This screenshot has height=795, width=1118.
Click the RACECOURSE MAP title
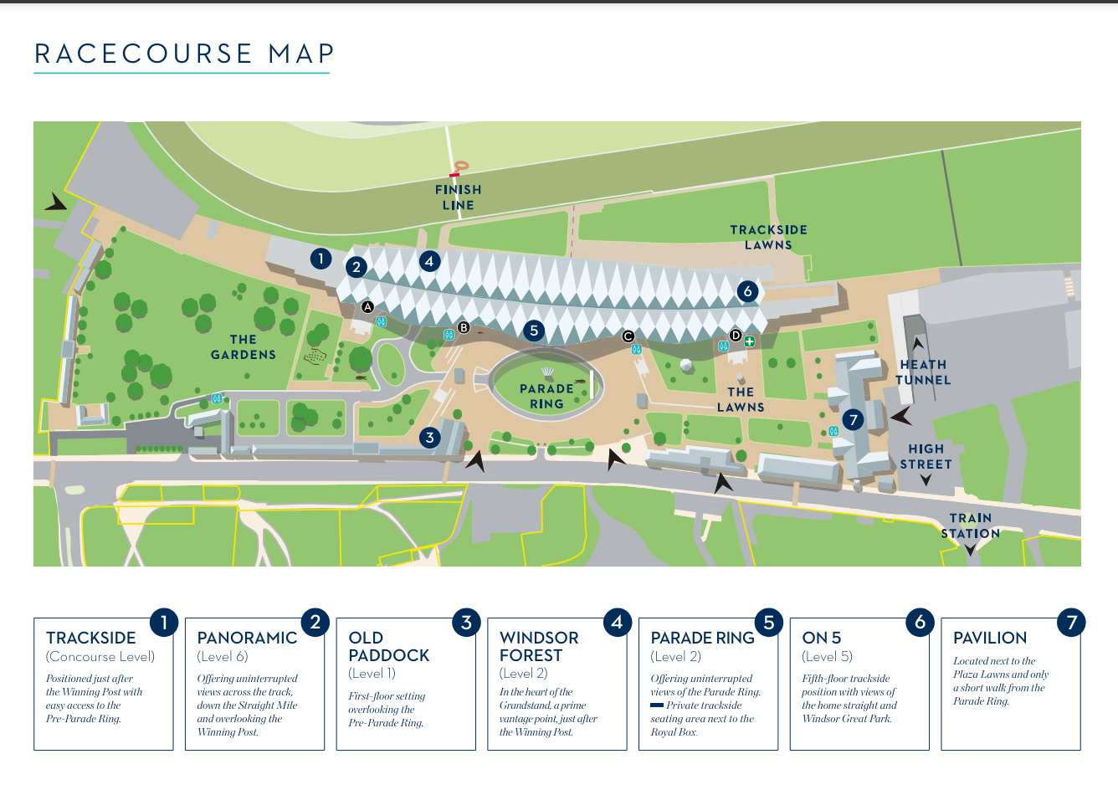tap(184, 54)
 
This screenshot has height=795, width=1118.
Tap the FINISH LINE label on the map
tap(459, 197)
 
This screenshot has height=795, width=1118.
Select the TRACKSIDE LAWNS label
tap(768, 237)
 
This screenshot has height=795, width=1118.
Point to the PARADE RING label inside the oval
tap(546, 396)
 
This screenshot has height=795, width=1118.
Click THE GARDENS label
tap(244, 347)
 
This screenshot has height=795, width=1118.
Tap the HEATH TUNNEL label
tap(923, 372)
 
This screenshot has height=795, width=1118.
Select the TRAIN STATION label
tap(970, 526)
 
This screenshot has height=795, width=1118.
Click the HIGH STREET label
tap(926, 457)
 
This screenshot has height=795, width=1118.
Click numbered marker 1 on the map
tap(321, 259)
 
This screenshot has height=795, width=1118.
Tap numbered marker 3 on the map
tap(430, 437)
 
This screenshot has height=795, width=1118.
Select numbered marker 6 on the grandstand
tap(747, 291)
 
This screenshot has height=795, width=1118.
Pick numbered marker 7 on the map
tap(853, 419)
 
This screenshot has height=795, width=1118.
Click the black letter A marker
tap(367, 307)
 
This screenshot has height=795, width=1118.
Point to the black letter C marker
tap(628, 336)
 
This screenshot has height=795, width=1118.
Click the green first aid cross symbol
tap(749, 341)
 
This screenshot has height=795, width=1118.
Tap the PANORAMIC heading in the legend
tap(247, 638)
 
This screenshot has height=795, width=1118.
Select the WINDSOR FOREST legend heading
tap(539, 646)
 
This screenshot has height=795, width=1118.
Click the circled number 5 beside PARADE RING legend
tap(768, 623)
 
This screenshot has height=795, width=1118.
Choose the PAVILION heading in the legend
tap(989, 638)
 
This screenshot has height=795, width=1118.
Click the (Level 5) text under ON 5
tap(827, 657)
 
